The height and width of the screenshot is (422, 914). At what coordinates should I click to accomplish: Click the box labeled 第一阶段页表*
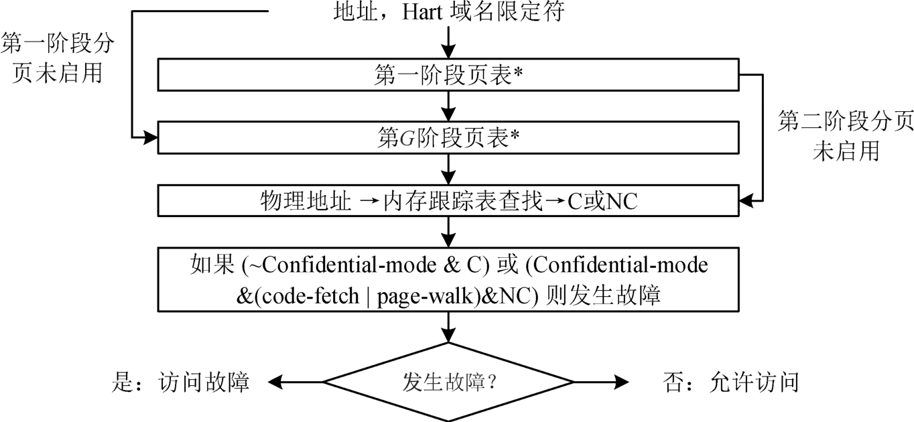[x=447, y=74]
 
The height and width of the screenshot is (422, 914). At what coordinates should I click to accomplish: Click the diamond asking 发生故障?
[x=448, y=382]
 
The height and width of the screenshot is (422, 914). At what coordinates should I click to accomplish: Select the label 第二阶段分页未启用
[x=846, y=137]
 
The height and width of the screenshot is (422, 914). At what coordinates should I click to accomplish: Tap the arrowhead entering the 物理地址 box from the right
[x=744, y=200]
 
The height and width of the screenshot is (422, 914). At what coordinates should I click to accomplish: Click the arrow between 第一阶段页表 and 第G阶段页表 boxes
[x=448, y=106]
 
